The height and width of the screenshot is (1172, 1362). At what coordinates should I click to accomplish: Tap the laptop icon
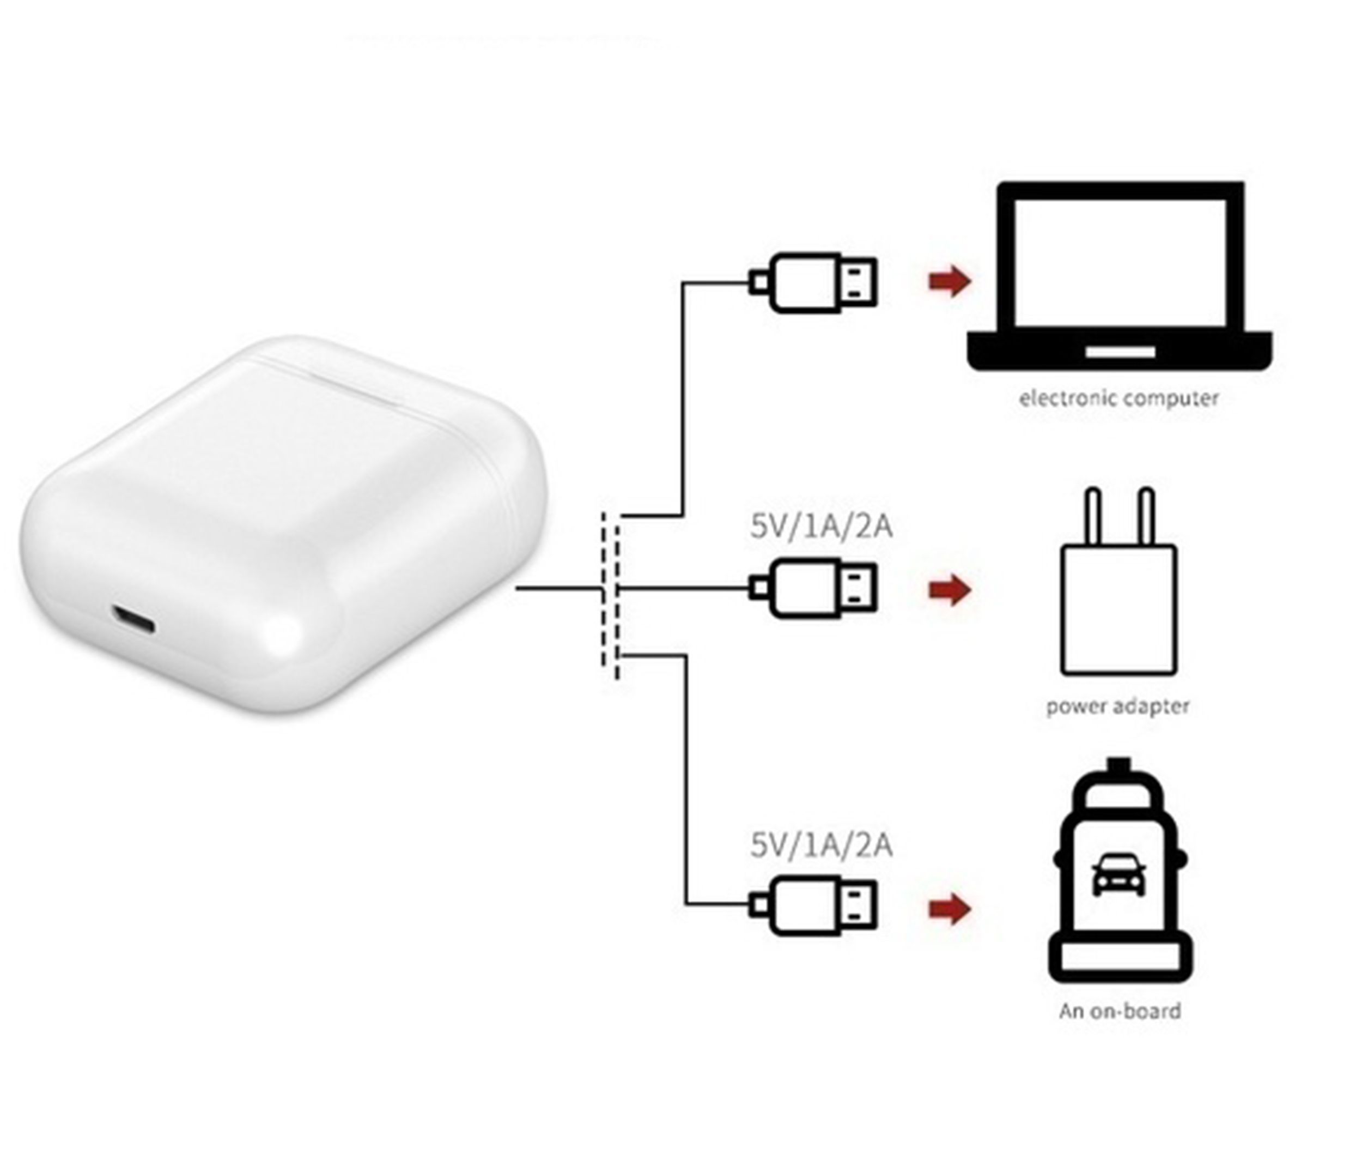tap(1120, 276)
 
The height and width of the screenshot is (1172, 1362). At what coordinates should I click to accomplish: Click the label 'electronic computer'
tap(1119, 398)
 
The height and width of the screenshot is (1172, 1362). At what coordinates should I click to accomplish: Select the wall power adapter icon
tap(1119, 592)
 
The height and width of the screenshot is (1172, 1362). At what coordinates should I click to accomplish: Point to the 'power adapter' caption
tap(1117, 706)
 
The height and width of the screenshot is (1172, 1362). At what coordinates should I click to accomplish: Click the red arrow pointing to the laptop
tap(949, 281)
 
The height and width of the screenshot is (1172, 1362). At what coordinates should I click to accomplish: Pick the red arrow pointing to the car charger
tap(949, 910)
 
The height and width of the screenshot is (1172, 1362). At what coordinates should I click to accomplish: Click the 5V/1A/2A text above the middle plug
tap(822, 527)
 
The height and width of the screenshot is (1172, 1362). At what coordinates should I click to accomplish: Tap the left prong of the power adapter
tap(1093, 517)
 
